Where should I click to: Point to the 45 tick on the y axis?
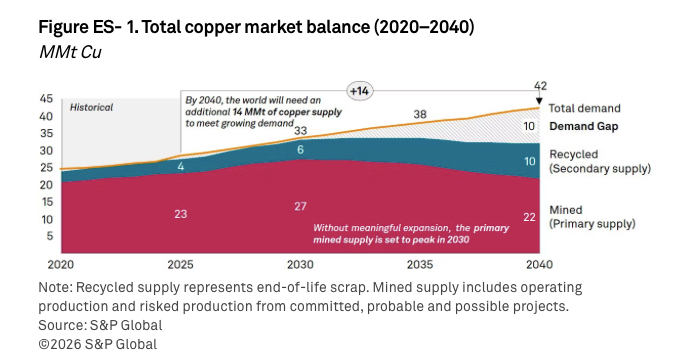(x=46, y=99)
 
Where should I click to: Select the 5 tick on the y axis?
(x=49, y=236)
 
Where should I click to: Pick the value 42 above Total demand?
(x=538, y=85)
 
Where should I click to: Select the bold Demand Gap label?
(x=585, y=127)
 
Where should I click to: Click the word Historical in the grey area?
(x=91, y=107)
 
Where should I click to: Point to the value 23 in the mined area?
(x=181, y=213)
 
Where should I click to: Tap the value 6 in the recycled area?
(x=300, y=149)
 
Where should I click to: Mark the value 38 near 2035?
(x=420, y=114)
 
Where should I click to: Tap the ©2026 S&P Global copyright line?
(x=98, y=344)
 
